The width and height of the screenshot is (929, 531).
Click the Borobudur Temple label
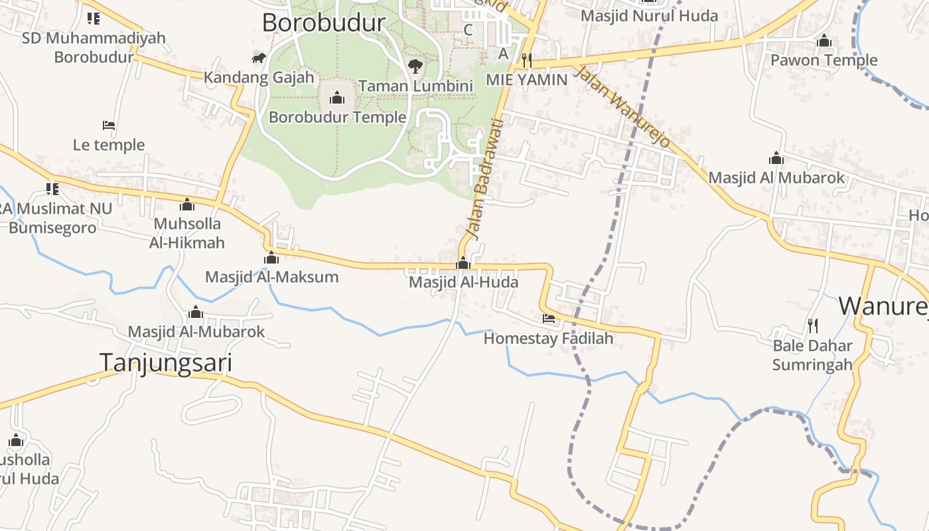(x=337, y=117)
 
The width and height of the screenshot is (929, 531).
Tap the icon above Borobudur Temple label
(x=337, y=99)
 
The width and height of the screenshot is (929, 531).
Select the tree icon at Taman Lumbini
(x=415, y=66)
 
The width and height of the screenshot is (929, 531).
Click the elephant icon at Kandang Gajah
(x=259, y=58)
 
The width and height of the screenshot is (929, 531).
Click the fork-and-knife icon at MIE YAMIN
(x=527, y=60)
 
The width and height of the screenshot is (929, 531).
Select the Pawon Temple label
(x=823, y=60)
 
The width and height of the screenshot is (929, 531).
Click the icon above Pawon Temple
(x=824, y=41)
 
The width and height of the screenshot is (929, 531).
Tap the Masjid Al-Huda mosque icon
(x=463, y=264)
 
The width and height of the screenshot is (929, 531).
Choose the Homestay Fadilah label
(x=548, y=339)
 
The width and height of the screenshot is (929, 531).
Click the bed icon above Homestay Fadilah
(x=549, y=319)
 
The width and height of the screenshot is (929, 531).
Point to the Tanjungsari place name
(x=166, y=362)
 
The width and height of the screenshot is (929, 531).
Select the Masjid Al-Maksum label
(x=271, y=277)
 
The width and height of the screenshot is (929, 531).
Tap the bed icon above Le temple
(x=109, y=125)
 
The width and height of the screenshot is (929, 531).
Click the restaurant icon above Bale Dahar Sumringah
(x=812, y=325)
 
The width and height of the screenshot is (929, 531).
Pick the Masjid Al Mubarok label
(x=776, y=178)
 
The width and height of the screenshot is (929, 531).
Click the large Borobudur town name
(x=324, y=23)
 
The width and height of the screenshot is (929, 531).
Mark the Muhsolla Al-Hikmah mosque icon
(x=187, y=204)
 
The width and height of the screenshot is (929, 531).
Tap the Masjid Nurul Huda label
(x=649, y=15)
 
